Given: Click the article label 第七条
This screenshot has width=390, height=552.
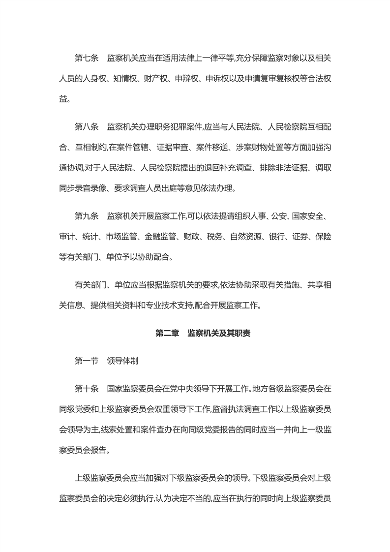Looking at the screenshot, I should [87, 59].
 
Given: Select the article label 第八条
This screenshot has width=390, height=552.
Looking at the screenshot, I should [87, 126].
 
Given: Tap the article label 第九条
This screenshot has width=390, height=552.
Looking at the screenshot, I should [87, 216].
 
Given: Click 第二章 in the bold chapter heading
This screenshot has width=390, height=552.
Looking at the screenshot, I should [167, 333].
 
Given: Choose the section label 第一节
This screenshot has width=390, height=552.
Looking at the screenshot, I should [87, 361].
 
